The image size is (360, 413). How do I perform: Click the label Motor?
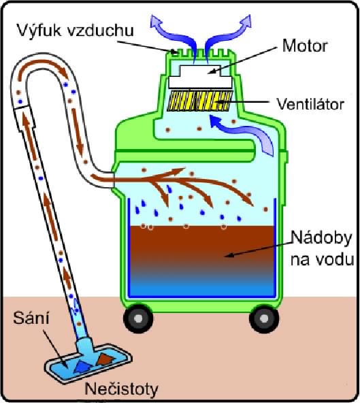(305, 46)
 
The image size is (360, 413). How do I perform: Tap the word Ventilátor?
(310, 104)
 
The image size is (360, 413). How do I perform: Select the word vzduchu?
(100, 31)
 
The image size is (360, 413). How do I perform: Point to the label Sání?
(31, 318)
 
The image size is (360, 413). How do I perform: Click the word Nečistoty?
(121, 389)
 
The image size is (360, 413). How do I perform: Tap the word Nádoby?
(322, 239)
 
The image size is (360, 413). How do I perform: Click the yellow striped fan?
(200, 101)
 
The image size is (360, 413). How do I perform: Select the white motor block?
(200, 77)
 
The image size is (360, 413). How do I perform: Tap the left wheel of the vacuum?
(138, 318)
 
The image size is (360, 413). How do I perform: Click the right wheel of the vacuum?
(264, 318)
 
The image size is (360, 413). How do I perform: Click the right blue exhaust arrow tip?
(248, 18)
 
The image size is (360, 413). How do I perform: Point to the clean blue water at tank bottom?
(201, 287)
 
